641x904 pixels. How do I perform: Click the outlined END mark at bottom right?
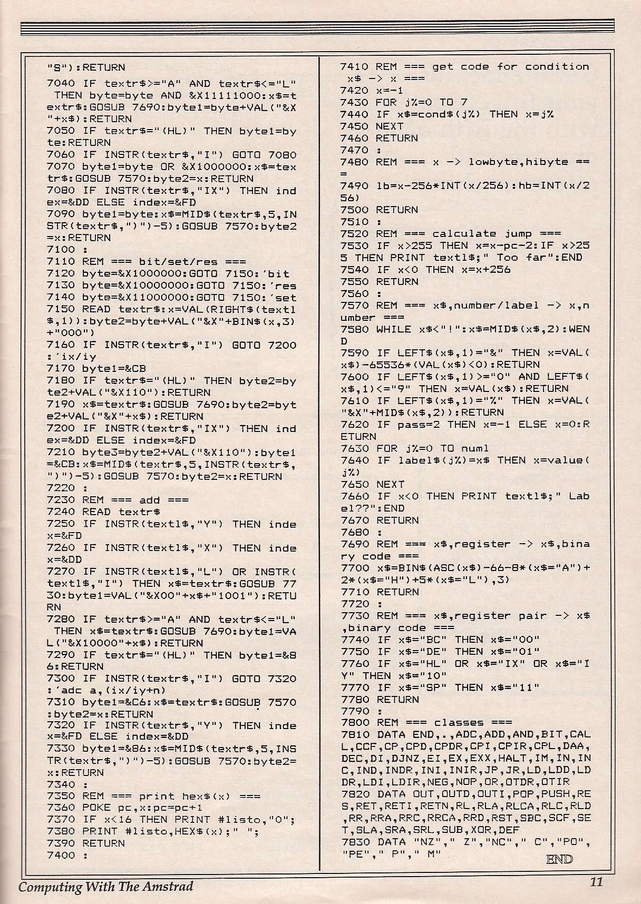(x=559, y=859)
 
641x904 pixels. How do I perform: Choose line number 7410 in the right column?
(x=354, y=67)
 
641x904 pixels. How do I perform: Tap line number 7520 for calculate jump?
(x=354, y=233)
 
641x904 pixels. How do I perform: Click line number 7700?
(x=354, y=568)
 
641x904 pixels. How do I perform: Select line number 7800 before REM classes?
(x=355, y=723)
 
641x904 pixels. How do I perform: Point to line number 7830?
(x=355, y=842)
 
